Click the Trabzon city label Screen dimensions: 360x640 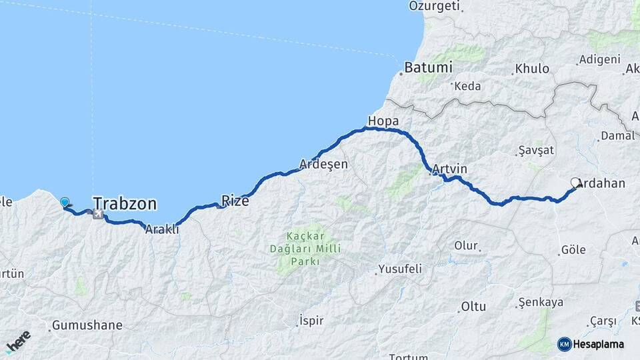point(125,203)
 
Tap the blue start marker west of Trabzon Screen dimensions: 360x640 point(65,202)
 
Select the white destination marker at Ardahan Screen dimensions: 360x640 point(576,182)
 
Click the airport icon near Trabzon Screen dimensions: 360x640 point(99,215)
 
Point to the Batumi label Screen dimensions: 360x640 point(427,67)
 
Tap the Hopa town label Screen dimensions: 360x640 point(383,121)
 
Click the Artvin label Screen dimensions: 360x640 point(449,169)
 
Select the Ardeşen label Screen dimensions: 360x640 point(324,164)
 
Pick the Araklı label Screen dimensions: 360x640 point(163,229)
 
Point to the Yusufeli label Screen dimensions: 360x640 point(400,269)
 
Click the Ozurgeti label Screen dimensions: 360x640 point(435,6)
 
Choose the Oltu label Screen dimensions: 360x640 point(473,307)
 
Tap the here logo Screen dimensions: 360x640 point(18,341)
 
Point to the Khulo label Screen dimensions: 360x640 point(532,69)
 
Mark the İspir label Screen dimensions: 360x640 point(311,321)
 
